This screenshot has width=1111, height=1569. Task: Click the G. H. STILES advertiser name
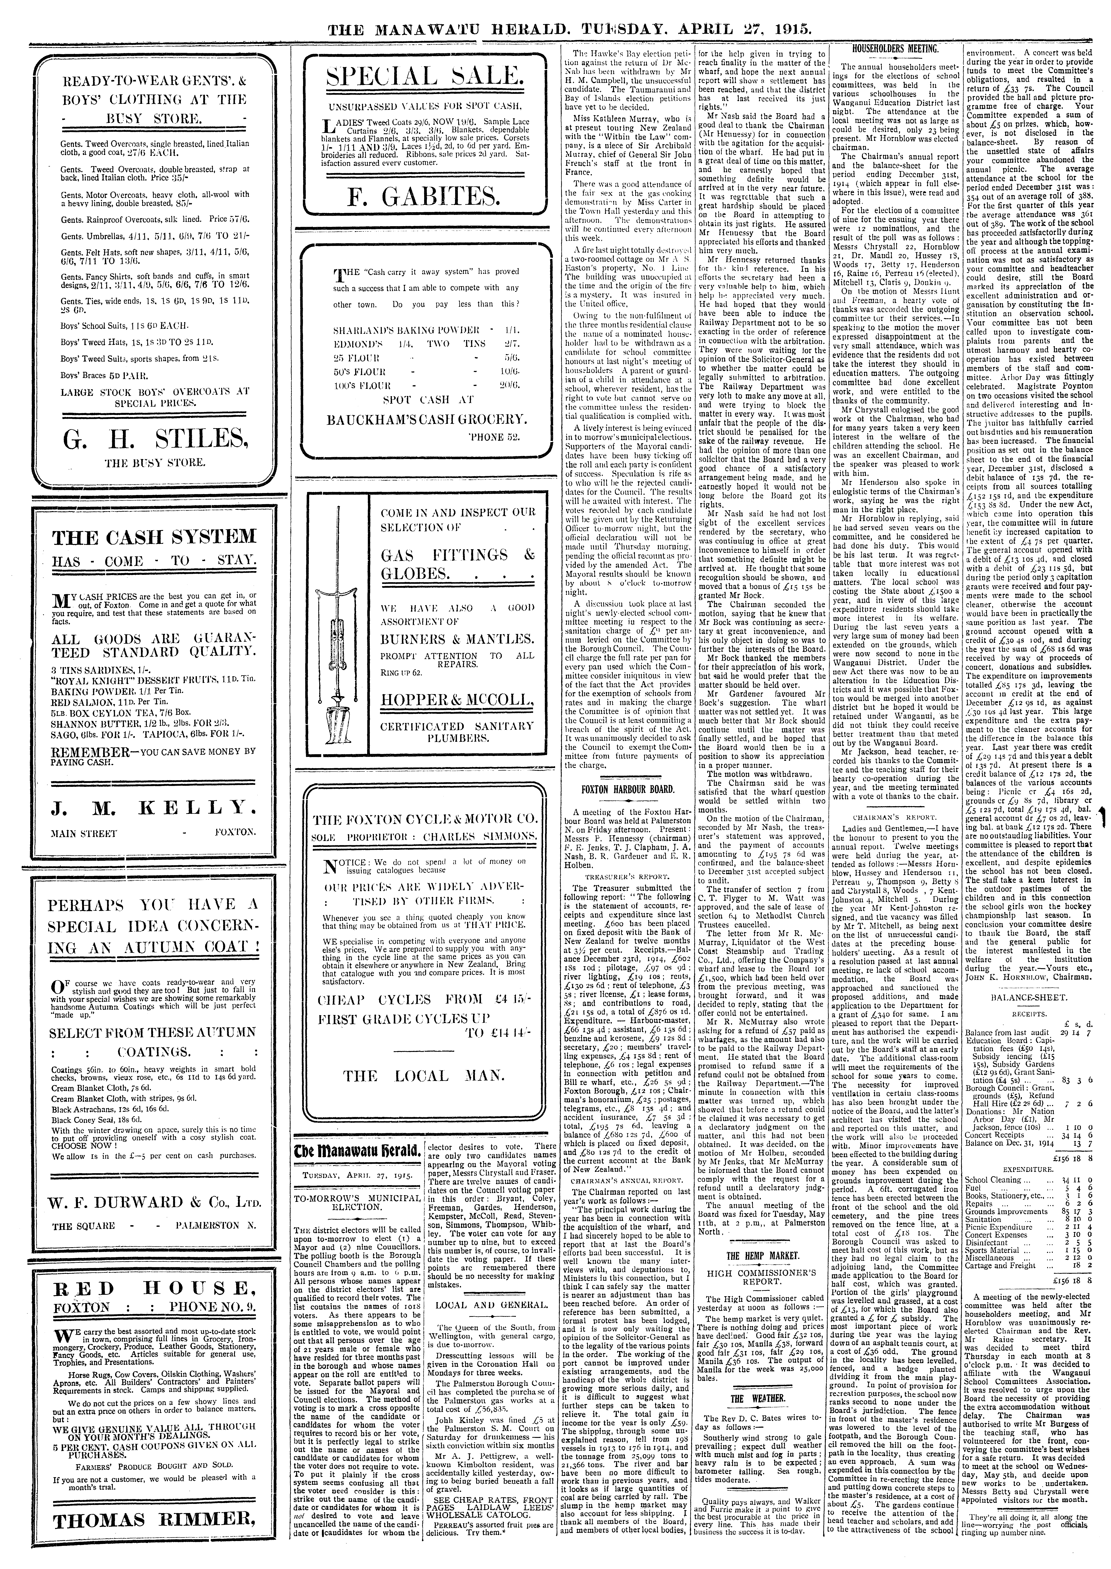[153, 437]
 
